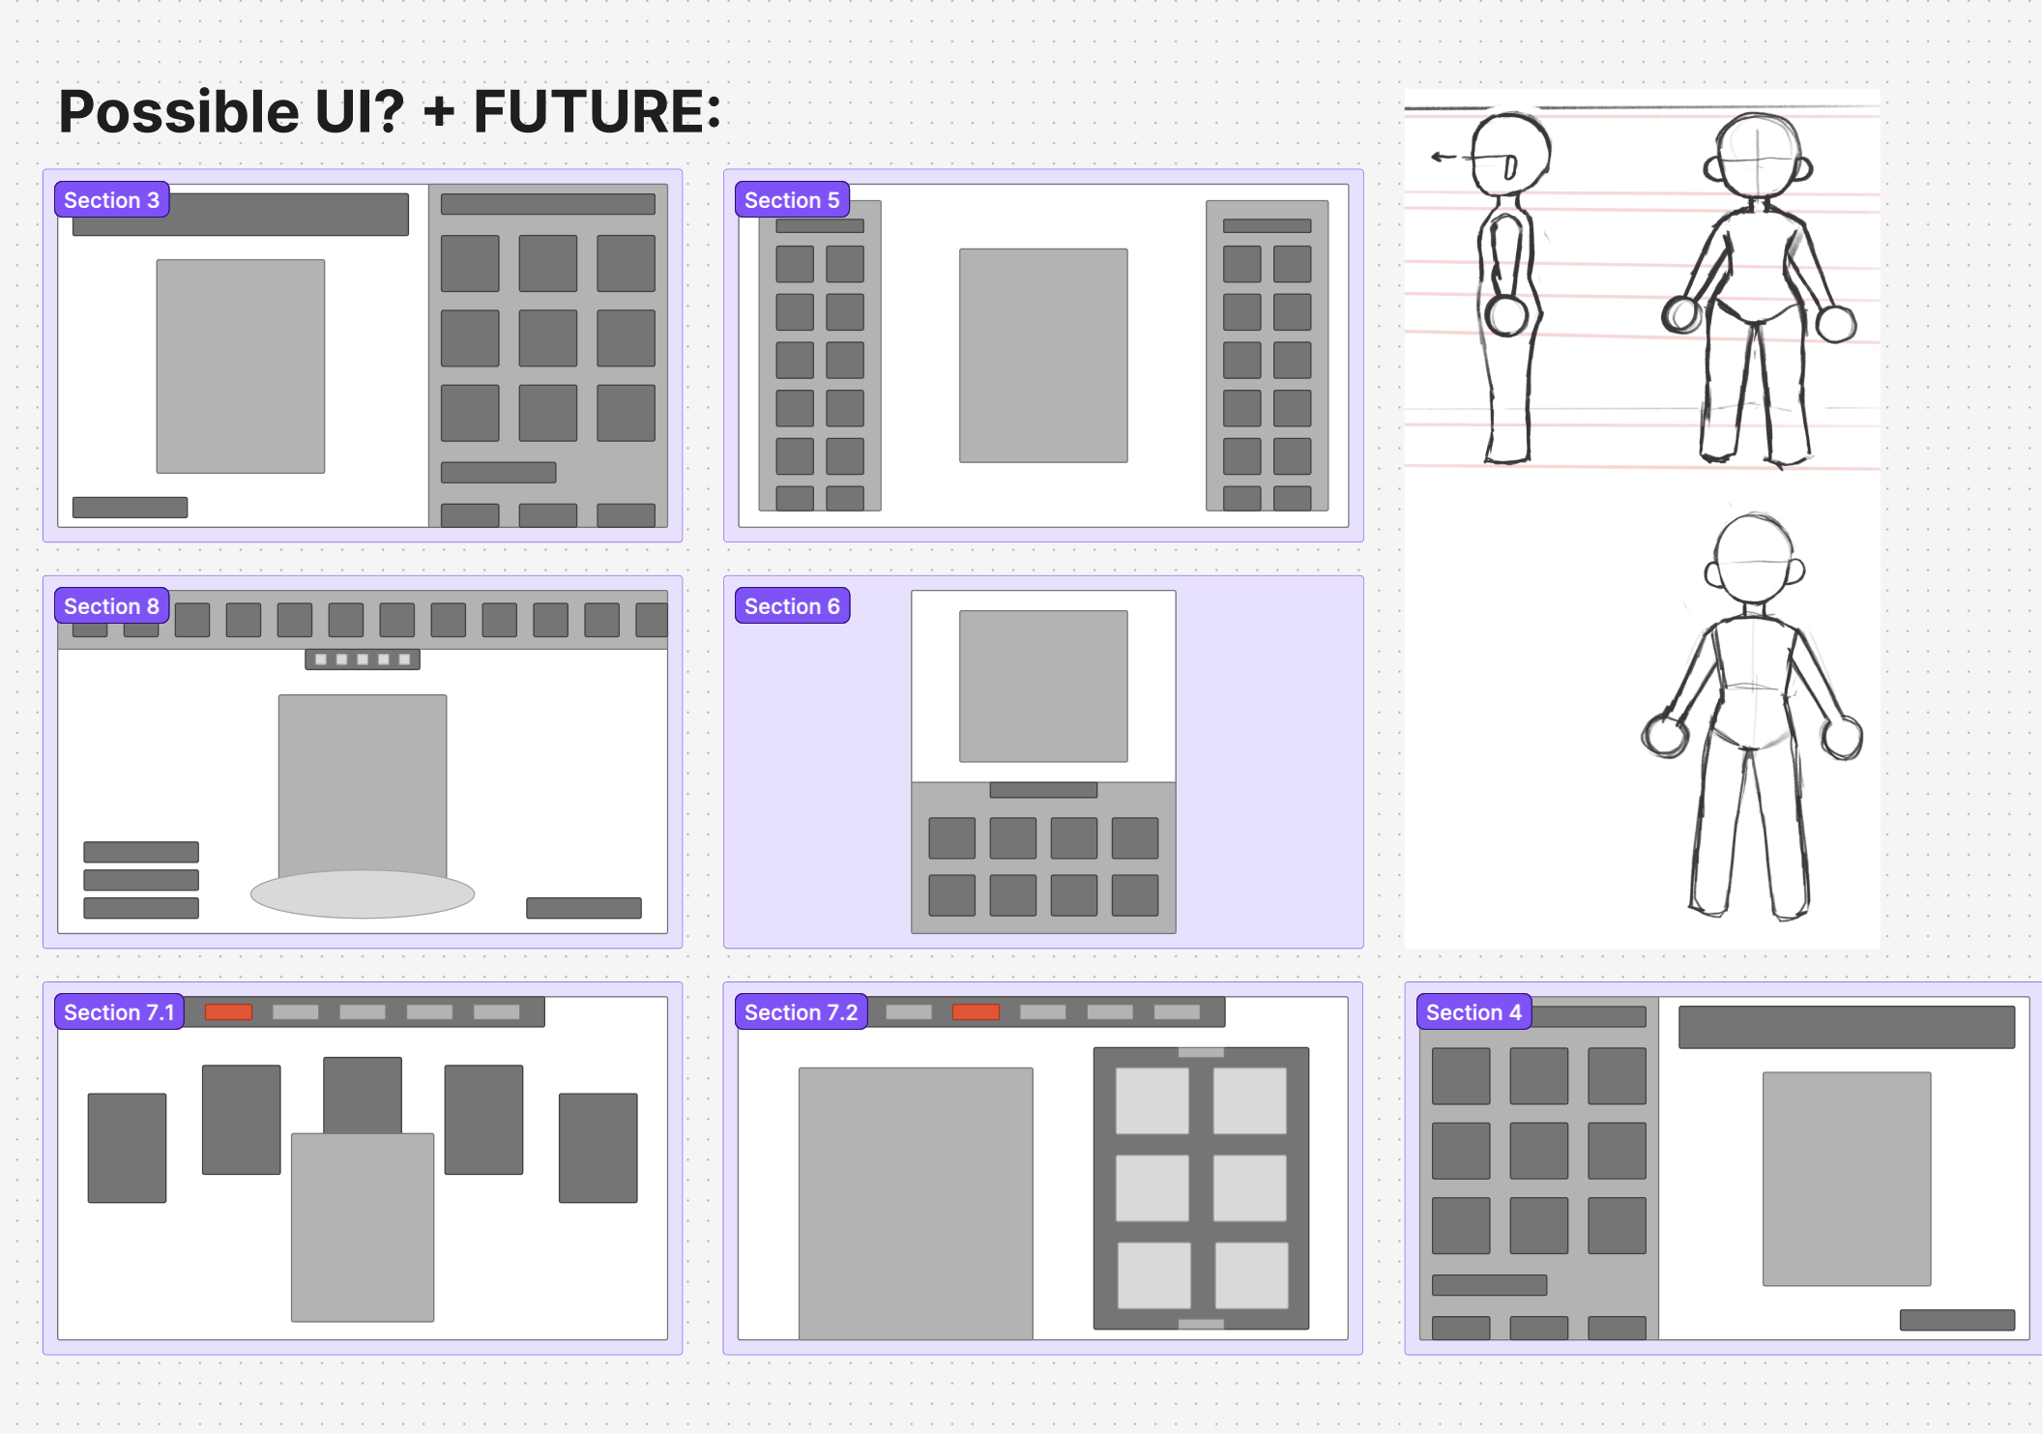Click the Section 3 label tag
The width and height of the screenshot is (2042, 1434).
point(111,200)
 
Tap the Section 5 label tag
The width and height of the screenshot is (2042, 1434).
point(791,200)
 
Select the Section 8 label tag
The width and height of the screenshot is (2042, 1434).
point(111,606)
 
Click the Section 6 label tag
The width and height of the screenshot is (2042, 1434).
point(791,606)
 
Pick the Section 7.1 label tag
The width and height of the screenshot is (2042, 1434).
point(119,1012)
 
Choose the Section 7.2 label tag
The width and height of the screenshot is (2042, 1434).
point(801,1012)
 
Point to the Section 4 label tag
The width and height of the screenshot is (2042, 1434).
point(1473,1012)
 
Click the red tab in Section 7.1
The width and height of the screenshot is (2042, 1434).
point(228,1011)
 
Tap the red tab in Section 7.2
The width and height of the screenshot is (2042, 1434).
point(976,1011)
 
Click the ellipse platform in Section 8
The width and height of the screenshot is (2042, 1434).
point(363,894)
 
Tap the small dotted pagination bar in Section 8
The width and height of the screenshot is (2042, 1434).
point(363,659)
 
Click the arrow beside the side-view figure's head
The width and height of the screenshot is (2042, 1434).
point(1444,157)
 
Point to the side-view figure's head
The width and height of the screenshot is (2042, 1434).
point(1511,153)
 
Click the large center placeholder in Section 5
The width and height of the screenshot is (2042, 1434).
point(1043,355)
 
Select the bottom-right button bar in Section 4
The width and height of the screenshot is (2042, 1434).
point(1957,1320)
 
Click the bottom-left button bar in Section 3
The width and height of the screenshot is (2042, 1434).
point(130,508)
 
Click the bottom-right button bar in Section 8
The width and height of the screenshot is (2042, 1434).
point(583,908)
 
